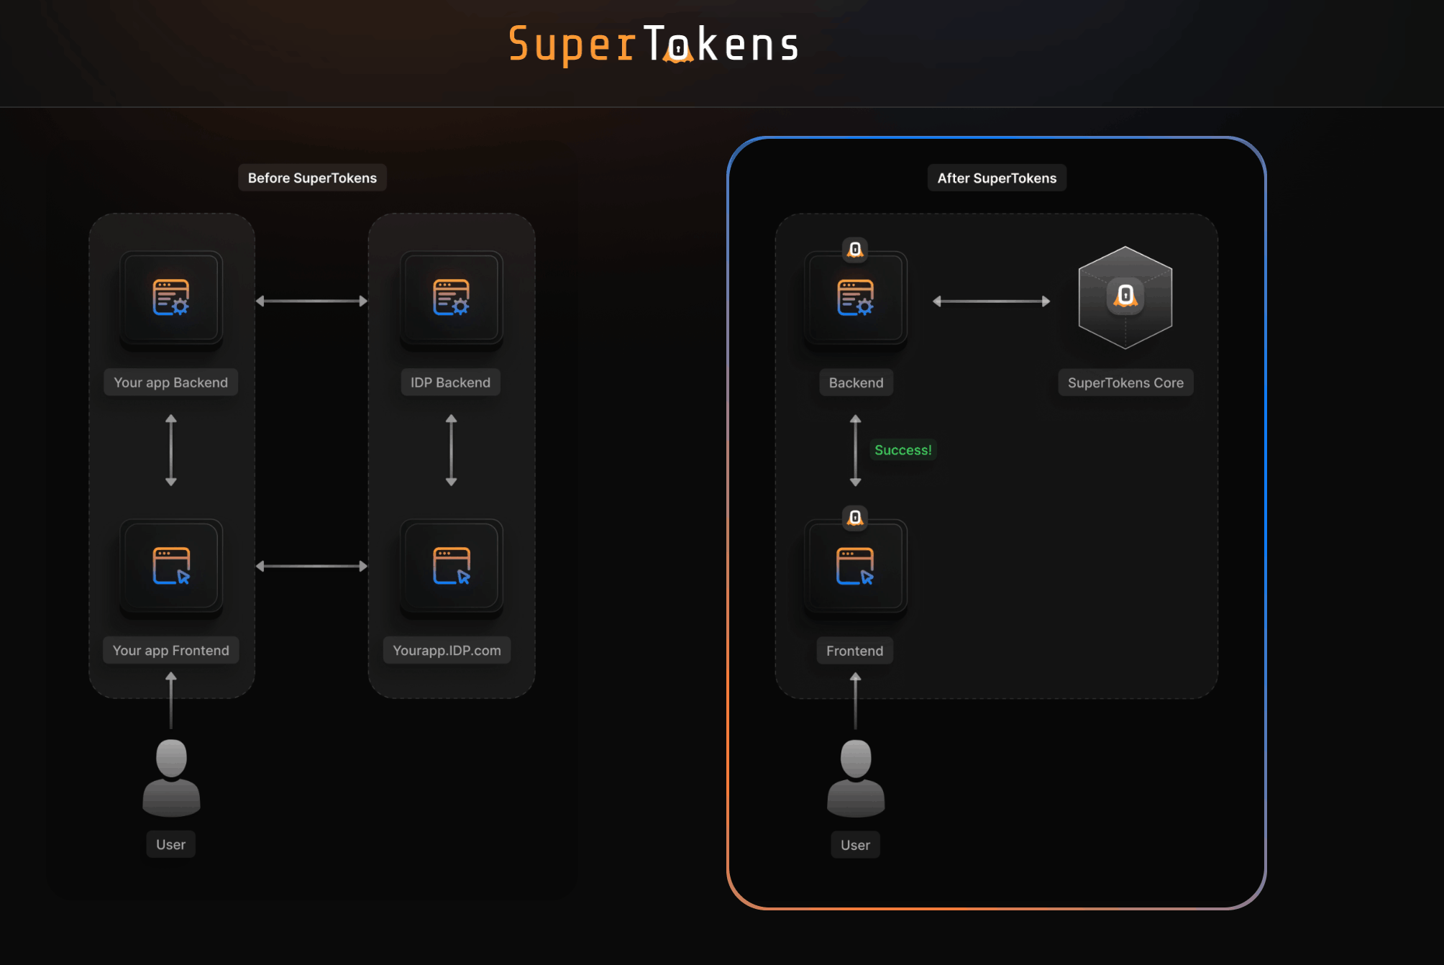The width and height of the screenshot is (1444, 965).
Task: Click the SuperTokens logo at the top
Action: (653, 45)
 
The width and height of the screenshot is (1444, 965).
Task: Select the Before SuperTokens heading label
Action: (312, 178)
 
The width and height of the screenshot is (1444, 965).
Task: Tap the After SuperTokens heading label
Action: (997, 178)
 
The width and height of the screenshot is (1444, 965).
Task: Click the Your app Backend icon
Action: (171, 298)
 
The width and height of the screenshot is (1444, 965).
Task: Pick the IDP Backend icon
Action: (451, 298)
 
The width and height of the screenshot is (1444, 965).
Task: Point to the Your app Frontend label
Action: (171, 650)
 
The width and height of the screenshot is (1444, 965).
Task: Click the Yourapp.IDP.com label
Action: (447, 650)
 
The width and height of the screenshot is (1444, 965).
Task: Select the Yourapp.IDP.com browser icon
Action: (451, 566)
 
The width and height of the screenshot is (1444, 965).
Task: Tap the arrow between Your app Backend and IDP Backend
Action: (311, 301)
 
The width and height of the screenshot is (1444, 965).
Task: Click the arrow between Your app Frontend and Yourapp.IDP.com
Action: (311, 566)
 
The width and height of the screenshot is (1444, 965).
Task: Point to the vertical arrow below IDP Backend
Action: (451, 450)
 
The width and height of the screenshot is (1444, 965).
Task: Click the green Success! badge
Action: (902, 450)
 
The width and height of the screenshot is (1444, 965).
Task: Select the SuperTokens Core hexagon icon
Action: (1125, 298)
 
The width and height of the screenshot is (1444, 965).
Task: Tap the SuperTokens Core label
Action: (1125, 383)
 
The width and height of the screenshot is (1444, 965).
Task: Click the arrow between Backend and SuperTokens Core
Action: (991, 301)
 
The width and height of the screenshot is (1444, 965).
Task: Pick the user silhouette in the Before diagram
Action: (171, 778)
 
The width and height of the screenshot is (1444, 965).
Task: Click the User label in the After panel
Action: (855, 845)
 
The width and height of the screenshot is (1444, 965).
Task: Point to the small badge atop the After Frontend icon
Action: (855, 517)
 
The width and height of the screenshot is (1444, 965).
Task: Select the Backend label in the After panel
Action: (856, 383)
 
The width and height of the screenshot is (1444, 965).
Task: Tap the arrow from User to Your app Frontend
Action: (171, 700)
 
